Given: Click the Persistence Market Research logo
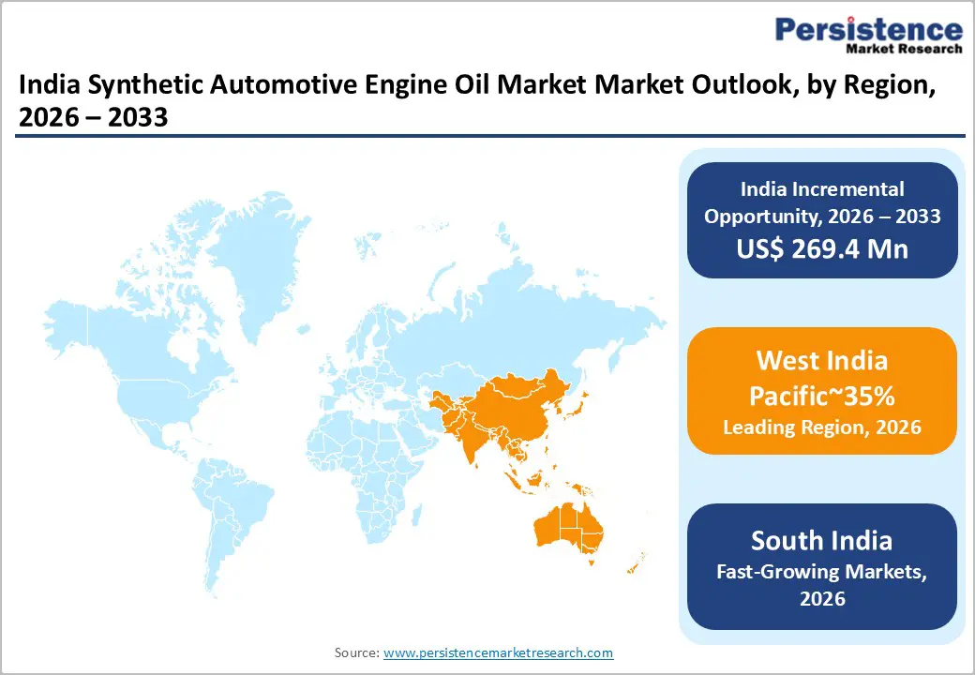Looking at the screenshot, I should pos(868,35).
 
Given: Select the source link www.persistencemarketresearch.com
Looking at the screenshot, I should pos(498,652).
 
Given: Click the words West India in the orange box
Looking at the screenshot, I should pos(821,361).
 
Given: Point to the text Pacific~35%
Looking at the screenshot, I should pos(821,396).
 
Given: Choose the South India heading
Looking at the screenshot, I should pos(821,541).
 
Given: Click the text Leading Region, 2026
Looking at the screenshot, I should pos(821,427).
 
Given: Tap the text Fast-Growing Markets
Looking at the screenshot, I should pos(821,570).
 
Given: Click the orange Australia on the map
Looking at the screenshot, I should pos(568,529).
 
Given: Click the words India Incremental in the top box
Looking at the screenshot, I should pos(821,188).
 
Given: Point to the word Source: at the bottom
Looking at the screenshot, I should pos(356,652).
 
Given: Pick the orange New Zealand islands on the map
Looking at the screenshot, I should pos(636,563).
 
